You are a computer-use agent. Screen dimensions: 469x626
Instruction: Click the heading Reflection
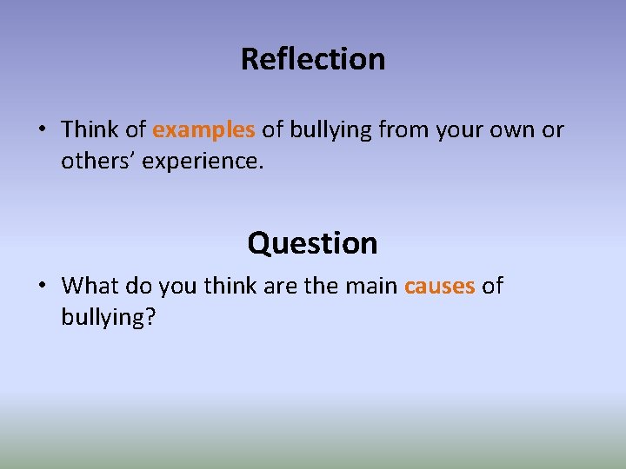pos(313,59)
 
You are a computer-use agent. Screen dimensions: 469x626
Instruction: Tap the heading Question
pos(313,242)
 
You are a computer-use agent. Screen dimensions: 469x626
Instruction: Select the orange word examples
pos(203,130)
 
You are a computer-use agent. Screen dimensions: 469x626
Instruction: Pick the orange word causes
pos(439,286)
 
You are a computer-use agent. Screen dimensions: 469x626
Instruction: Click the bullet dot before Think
pos(42,131)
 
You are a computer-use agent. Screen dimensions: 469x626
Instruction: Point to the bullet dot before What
pos(42,287)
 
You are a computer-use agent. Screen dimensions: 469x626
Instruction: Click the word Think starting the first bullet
pos(90,130)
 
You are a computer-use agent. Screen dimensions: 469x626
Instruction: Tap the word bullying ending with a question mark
pos(108,317)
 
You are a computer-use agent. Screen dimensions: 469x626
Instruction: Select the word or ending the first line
pos(553,130)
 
